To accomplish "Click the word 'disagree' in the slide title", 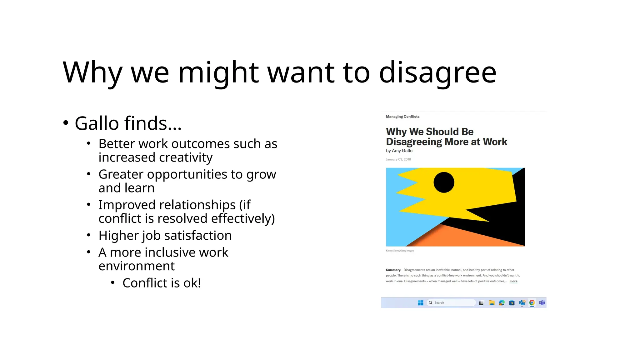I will pyautogui.click(x=437, y=72).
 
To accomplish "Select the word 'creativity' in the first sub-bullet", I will pyautogui.click(x=155, y=157).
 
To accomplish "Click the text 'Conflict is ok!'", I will pyautogui.click(x=162, y=283).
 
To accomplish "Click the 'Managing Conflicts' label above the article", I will pyautogui.click(x=402, y=117).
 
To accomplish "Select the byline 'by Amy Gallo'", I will pyautogui.click(x=399, y=151).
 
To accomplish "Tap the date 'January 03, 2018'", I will pyautogui.click(x=398, y=159).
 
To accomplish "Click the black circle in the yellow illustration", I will pyautogui.click(x=444, y=182).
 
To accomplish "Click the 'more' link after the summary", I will pyautogui.click(x=513, y=281).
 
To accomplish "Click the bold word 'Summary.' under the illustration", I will pyautogui.click(x=393, y=270).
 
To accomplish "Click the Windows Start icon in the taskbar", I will pyautogui.click(x=421, y=302).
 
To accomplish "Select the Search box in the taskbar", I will pyautogui.click(x=451, y=302).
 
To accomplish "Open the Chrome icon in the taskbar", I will pyautogui.click(x=532, y=302).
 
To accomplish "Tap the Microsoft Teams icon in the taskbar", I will pyautogui.click(x=542, y=302).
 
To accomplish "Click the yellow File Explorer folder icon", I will pyautogui.click(x=492, y=302).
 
